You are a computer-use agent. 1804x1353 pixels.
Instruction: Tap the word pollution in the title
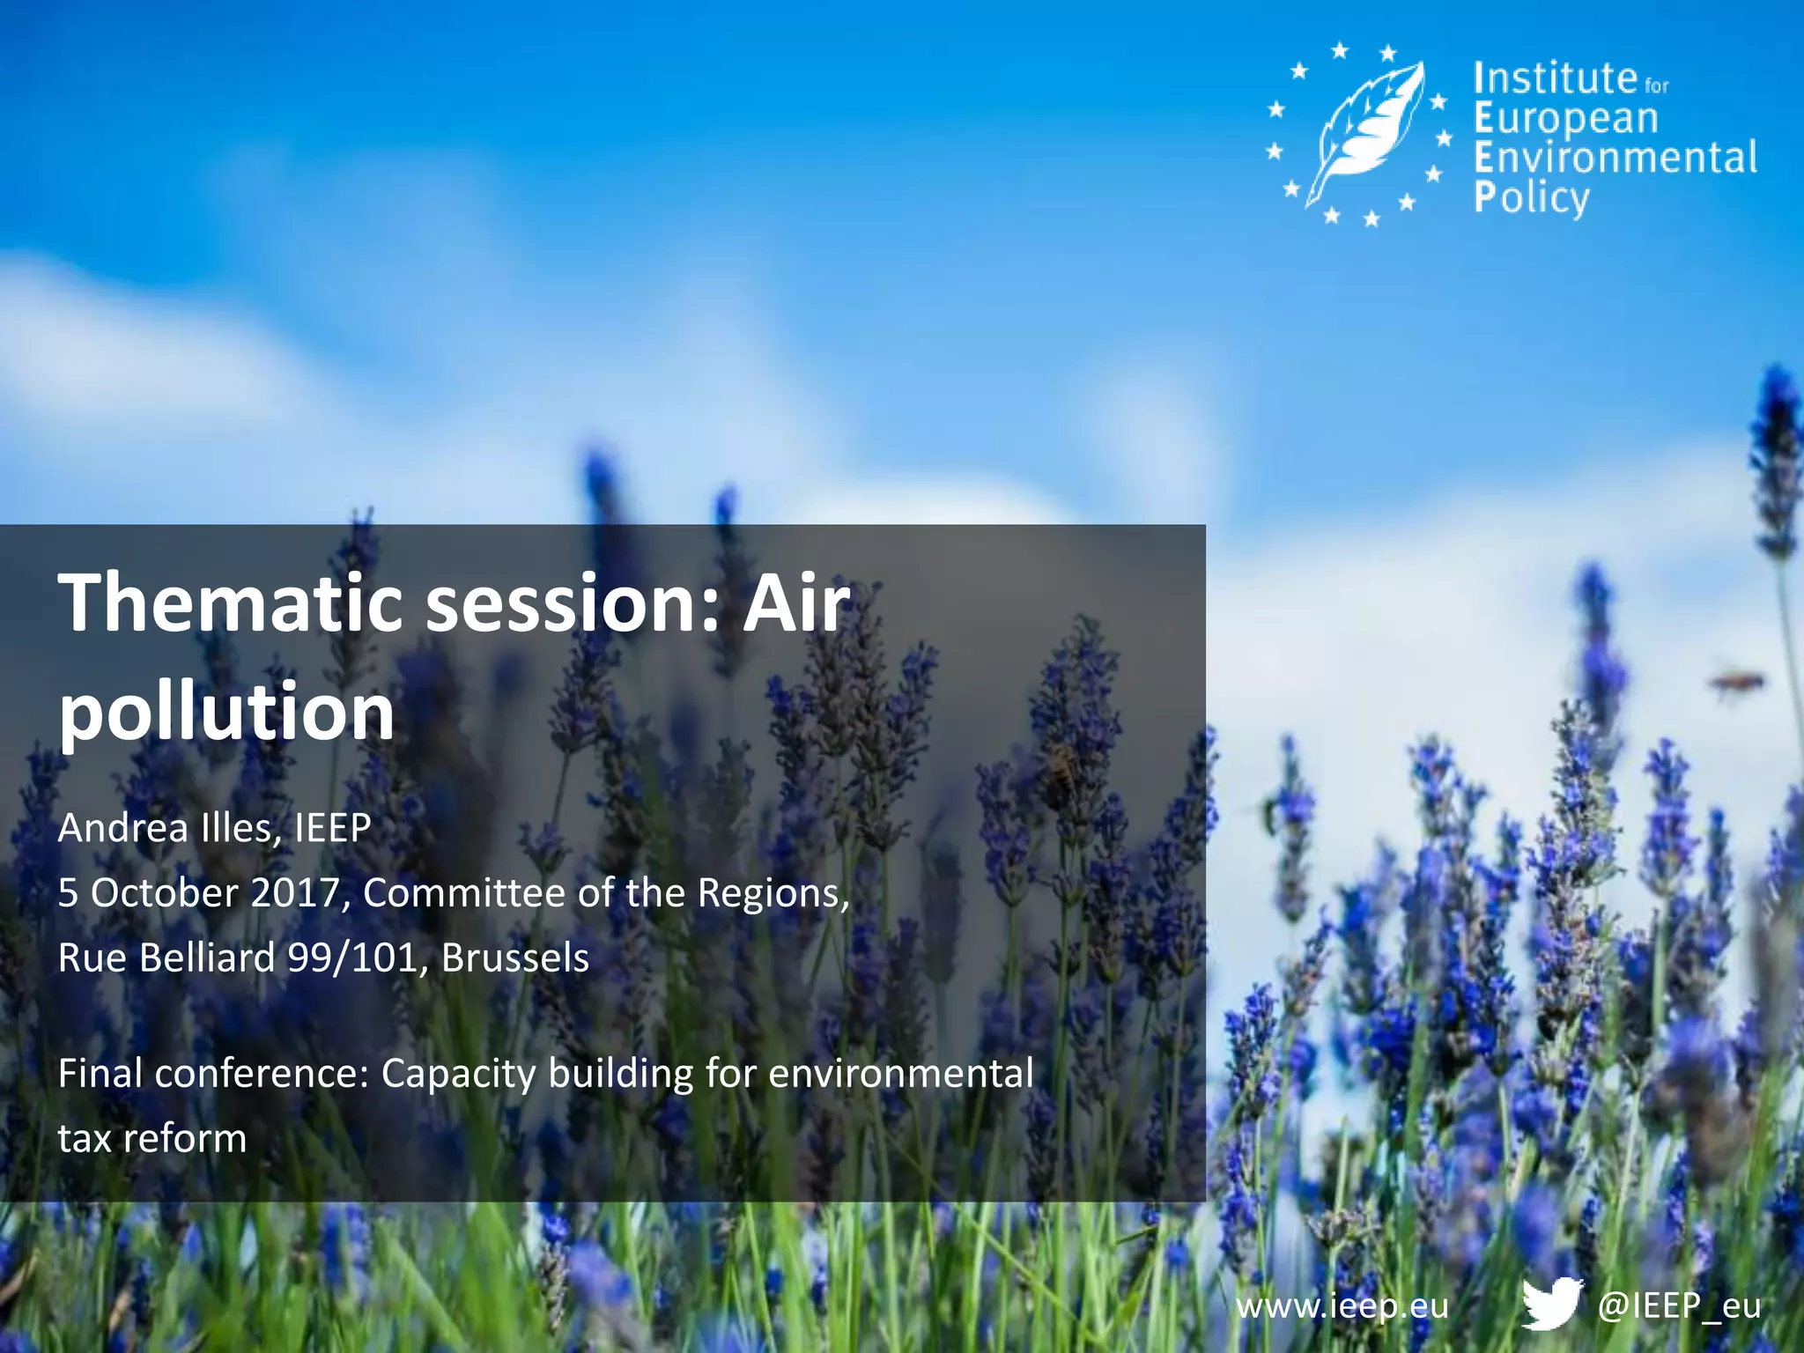point(226,712)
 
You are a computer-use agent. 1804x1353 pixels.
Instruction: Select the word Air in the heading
point(796,603)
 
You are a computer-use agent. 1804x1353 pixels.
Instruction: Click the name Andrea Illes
point(166,828)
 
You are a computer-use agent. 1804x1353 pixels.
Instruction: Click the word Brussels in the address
point(515,958)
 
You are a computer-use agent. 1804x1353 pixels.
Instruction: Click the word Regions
point(773,893)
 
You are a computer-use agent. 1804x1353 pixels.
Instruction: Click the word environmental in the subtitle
point(900,1074)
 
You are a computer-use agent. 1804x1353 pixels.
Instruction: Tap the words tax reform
point(152,1139)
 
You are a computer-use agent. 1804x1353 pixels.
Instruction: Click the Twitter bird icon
point(1552,1303)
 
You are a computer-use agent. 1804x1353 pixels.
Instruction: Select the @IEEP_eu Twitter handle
point(1679,1305)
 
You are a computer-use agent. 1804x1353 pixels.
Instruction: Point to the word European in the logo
point(1566,118)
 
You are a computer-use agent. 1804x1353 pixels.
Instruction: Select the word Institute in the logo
point(1555,78)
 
